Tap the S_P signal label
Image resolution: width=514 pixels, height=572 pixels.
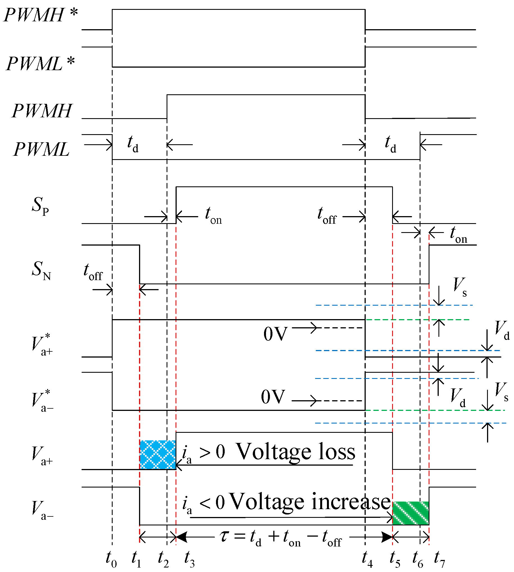[x=40, y=205]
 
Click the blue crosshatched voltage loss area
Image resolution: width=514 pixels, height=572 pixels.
[x=157, y=455]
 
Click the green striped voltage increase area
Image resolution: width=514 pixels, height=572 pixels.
[x=410, y=513]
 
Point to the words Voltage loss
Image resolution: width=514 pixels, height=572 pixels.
[x=295, y=452]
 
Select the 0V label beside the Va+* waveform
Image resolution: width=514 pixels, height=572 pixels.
[x=275, y=334]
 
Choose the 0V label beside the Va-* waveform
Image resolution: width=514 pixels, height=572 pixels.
[x=273, y=397]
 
